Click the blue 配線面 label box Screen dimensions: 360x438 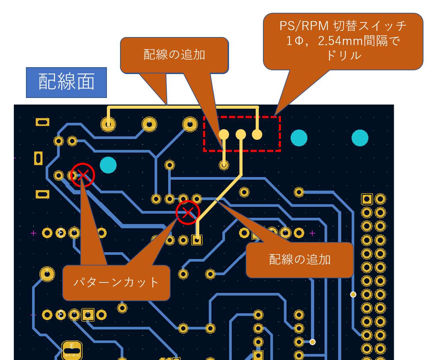tap(66, 82)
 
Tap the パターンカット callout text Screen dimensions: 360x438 tap(116, 282)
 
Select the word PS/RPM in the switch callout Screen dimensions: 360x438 tap(304, 26)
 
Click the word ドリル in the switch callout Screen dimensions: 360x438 tap(344, 55)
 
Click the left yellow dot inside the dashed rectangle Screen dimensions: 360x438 tap(224, 134)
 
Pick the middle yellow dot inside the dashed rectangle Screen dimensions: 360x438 tap(241, 134)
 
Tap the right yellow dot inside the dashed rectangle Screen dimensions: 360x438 tap(257, 134)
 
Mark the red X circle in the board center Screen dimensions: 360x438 tap(188, 213)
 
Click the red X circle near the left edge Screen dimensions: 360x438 tap(82, 175)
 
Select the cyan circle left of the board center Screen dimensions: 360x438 tap(108, 165)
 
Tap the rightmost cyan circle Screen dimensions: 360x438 tap(360, 138)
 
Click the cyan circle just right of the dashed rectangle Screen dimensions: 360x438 tap(299, 138)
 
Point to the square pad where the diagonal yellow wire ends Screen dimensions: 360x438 tap(197, 240)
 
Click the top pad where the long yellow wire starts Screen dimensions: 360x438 tap(108, 124)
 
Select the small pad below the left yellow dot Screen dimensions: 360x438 tap(224, 165)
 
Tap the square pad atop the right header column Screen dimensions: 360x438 tap(367, 199)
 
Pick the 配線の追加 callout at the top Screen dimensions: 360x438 tap(174, 55)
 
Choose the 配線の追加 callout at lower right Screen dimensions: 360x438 tap(300, 260)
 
